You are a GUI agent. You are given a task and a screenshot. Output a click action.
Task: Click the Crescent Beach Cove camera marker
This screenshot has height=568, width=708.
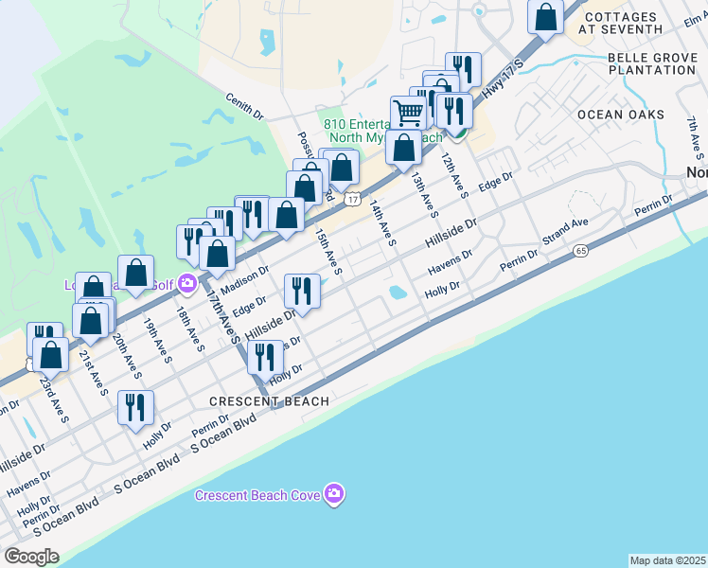pyautogui.click(x=333, y=494)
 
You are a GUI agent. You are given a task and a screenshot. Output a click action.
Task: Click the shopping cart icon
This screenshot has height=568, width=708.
pyautogui.click(x=408, y=113)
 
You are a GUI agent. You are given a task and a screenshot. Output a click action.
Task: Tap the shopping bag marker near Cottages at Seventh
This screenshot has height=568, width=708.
pyautogui.click(x=545, y=16)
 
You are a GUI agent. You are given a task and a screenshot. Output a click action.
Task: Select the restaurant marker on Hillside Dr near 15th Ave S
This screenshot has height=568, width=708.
pyautogui.click(x=302, y=290)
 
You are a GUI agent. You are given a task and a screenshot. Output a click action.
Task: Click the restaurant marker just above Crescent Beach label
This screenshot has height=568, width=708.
pyautogui.click(x=265, y=357)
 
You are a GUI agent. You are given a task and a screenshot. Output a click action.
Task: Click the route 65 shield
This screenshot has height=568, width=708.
pyautogui.click(x=580, y=250)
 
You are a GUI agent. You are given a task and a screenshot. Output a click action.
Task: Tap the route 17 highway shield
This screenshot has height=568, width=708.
pyautogui.click(x=352, y=198)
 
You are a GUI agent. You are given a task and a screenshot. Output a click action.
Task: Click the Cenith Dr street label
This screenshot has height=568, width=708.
pyautogui.click(x=244, y=106)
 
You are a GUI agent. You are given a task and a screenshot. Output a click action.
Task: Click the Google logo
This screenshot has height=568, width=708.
pyautogui.click(x=31, y=557)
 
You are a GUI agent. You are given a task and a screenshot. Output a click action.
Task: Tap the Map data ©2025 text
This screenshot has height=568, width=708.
pyautogui.click(x=668, y=560)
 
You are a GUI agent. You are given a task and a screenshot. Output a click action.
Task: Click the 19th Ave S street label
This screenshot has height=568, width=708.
pyautogui.click(x=157, y=341)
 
